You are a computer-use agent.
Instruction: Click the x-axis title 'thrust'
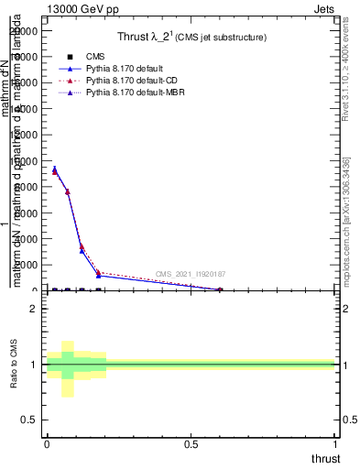pos(324,458)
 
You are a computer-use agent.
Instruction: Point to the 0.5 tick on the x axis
pos(191,443)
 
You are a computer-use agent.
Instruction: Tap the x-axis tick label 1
pos(336,443)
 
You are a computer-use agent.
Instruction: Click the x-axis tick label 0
pos(47,443)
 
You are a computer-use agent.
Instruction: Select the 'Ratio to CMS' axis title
pos(14,365)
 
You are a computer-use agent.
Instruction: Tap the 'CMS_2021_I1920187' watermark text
pos(191,274)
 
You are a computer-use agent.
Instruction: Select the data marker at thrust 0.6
pos(220,289)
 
